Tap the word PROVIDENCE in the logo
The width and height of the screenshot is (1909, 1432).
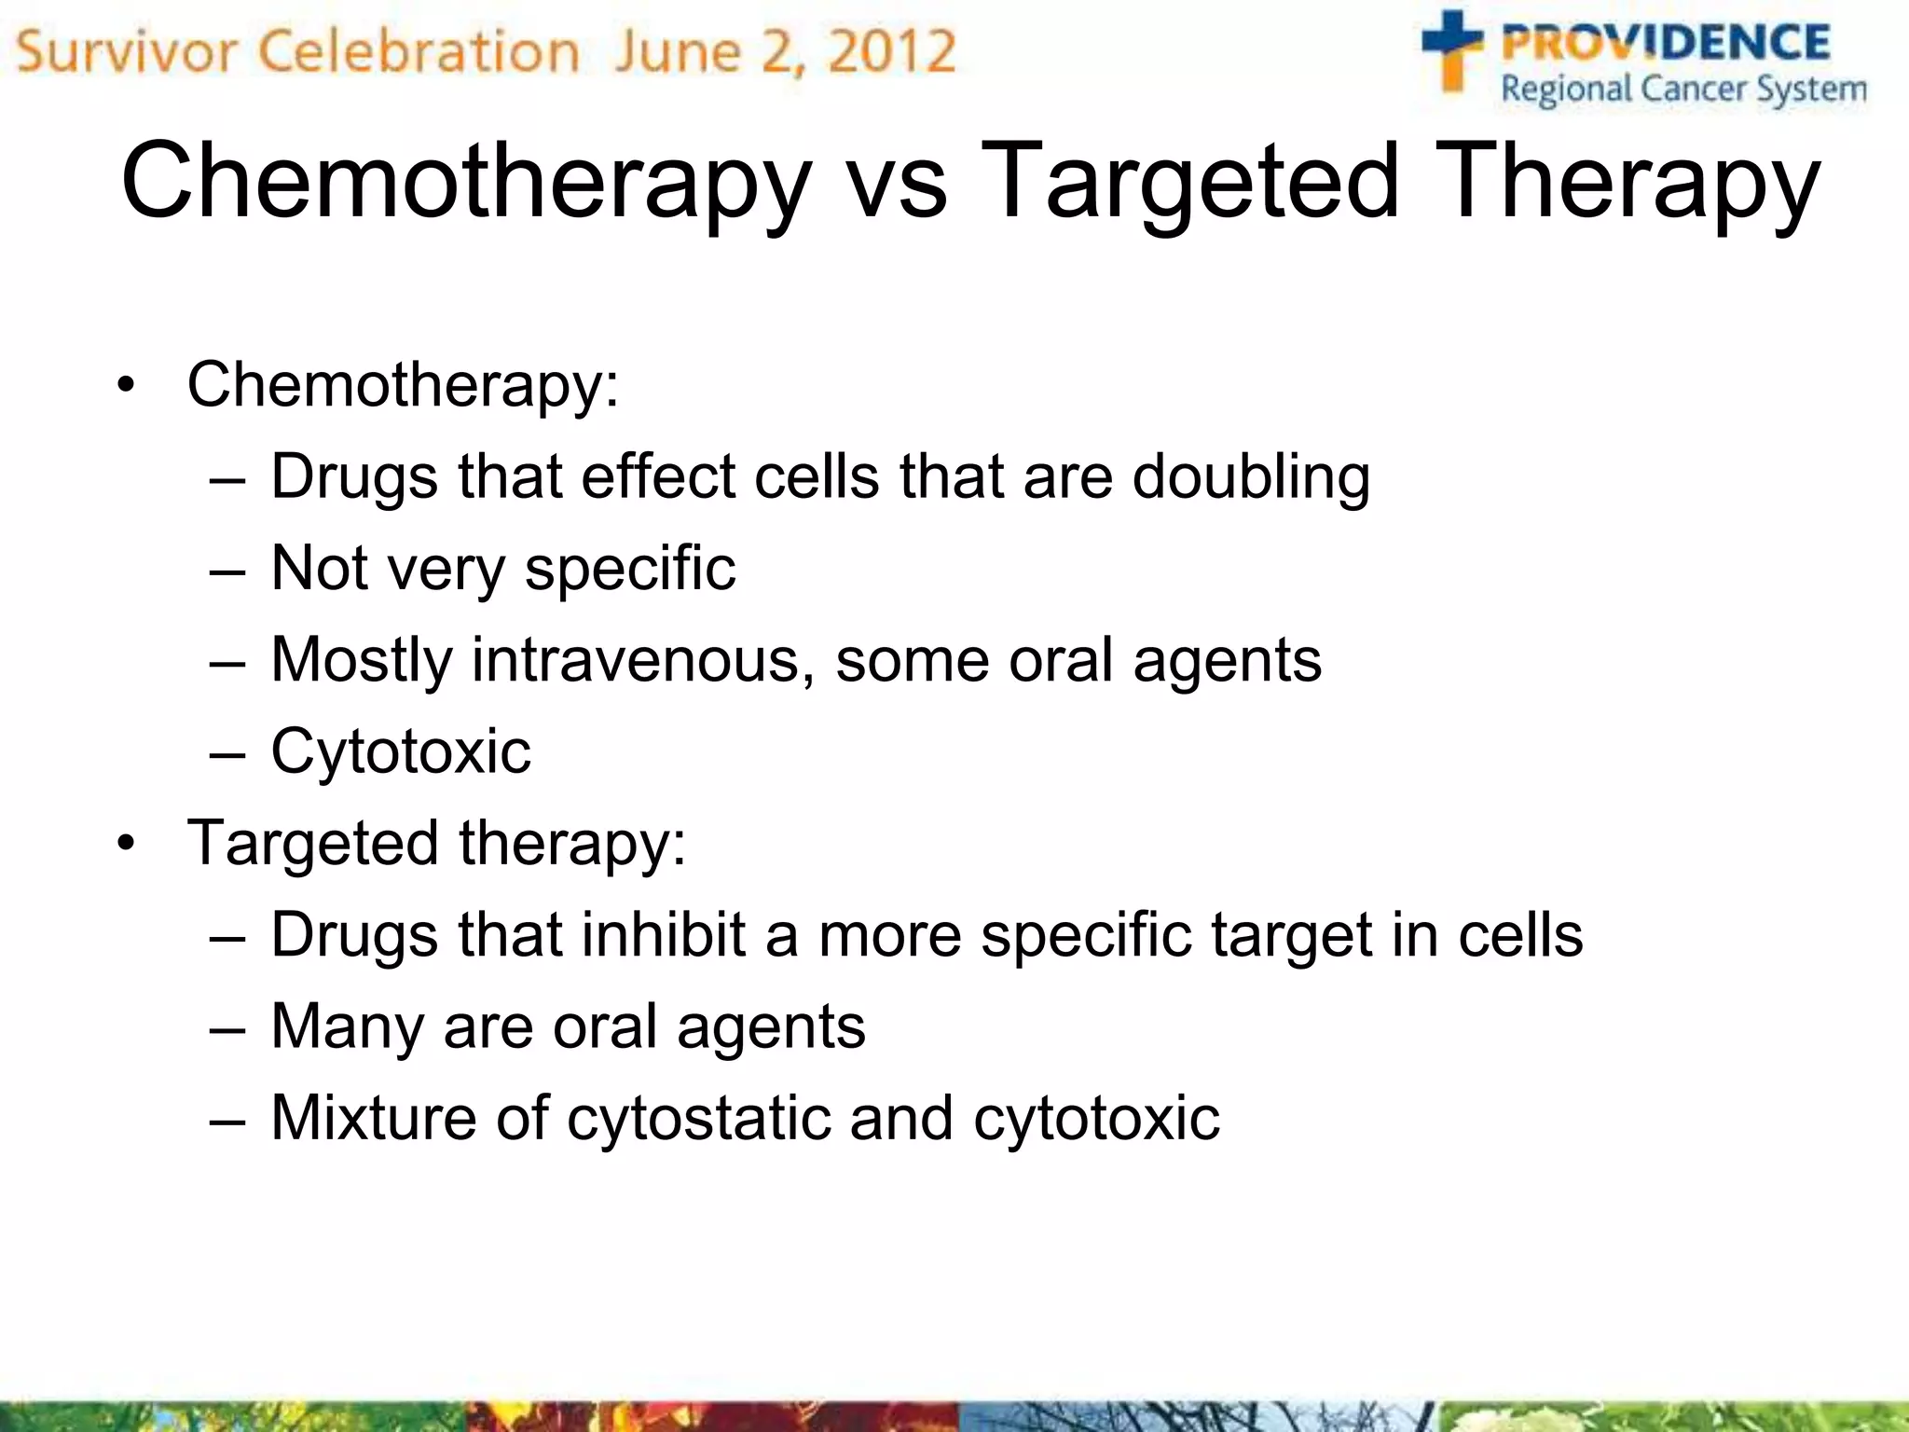(x=1665, y=43)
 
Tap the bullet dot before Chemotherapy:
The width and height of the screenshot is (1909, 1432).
(x=127, y=385)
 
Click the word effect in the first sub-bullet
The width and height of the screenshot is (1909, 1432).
(x=658, y=477)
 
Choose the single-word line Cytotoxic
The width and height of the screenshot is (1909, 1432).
(x=401, y=751)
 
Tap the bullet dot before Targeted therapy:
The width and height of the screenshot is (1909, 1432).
(x=127, y=844)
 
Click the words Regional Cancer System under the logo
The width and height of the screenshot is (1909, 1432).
(x=1683, y=90)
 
